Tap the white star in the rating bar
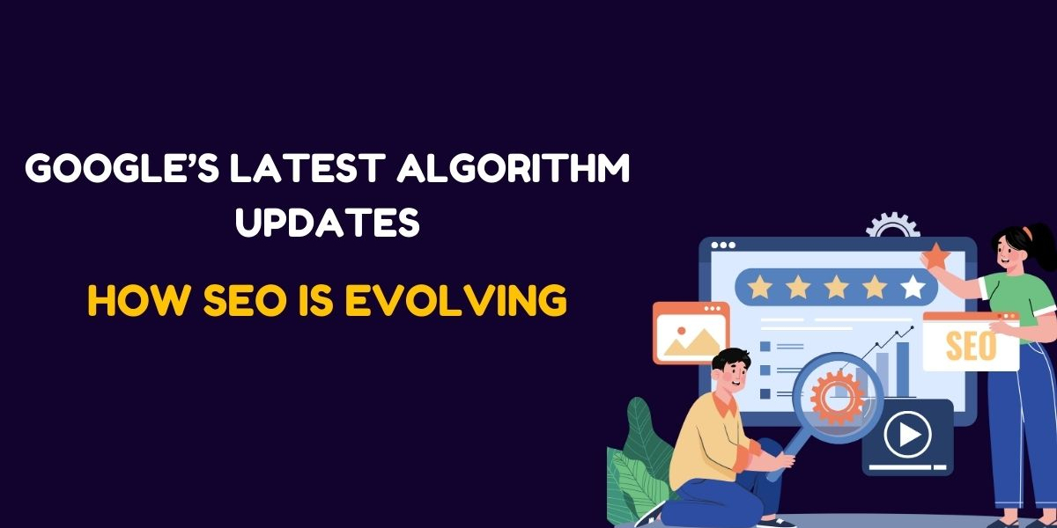pos(913,286)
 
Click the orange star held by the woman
pos(935,257)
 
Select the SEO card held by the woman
pos(970,344)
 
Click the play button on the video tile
pos(907,435)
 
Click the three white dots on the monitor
pos(721,245)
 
